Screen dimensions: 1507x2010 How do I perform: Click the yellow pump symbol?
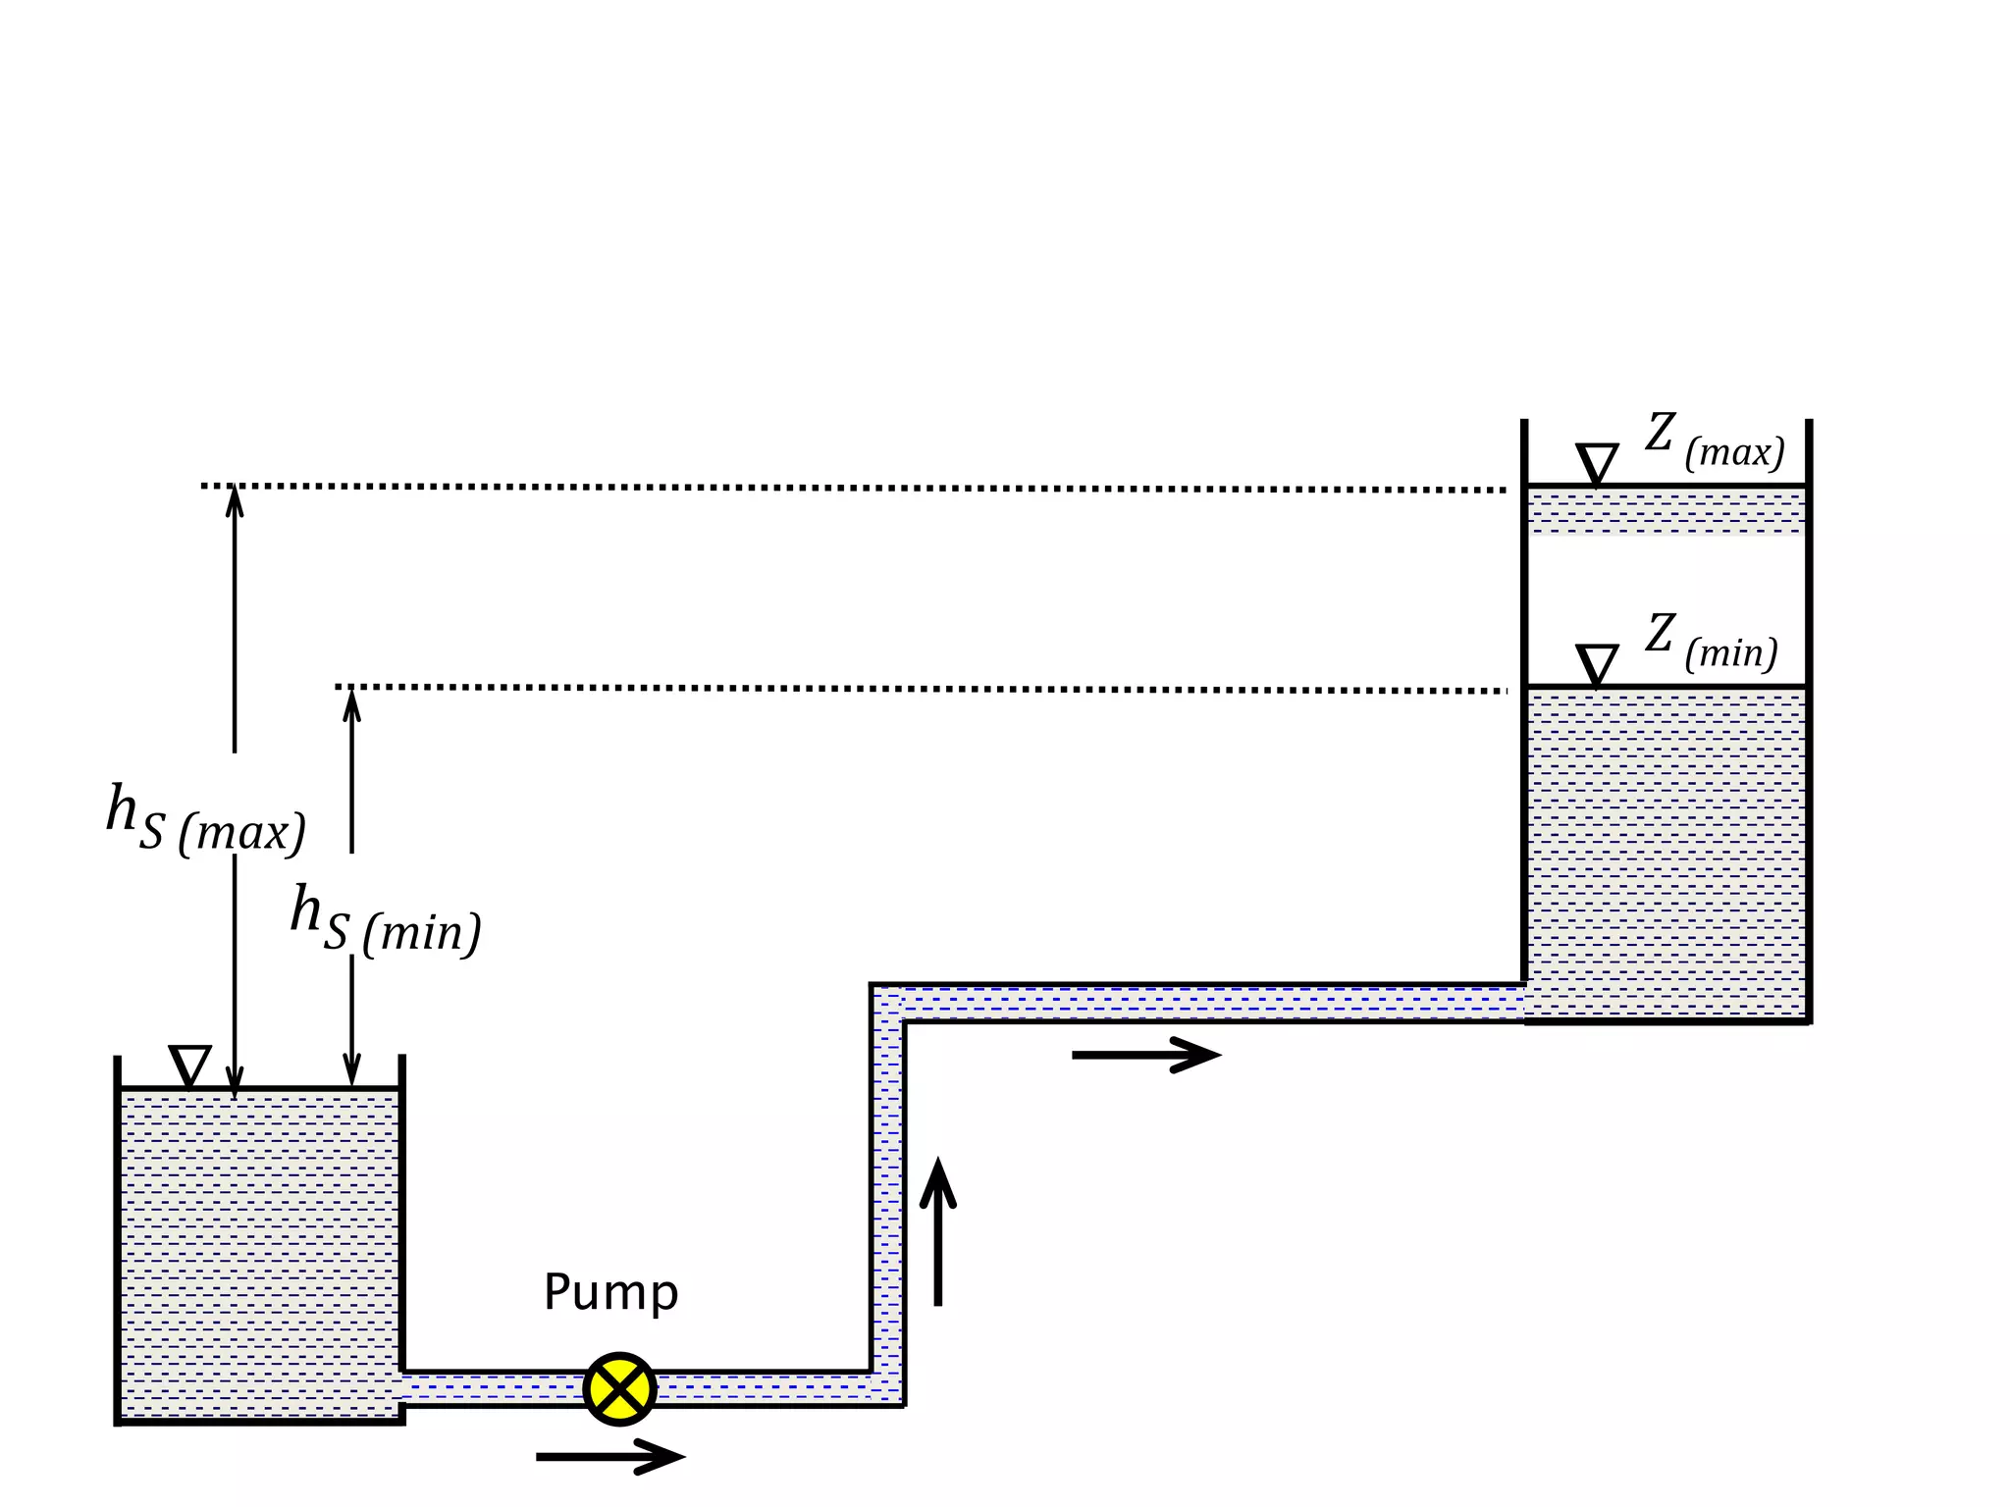pyautogui.click(x=619, y=1388)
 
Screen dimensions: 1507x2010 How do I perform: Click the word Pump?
pyautogui.click(x=610, y=1293)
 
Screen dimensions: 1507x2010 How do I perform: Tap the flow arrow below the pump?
pyautogui.click(x=609, y=1456)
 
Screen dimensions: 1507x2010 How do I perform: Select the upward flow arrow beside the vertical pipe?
pyautogui.click(x=938, y=1232)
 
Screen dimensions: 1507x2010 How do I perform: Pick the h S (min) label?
pyautogui.click(x=386, y=920)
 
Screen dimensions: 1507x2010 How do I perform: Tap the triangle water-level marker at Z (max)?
pyautogui.click(x=1597, y=462)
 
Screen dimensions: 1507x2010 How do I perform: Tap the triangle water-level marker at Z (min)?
pyautogui.click(x=1597, y=663)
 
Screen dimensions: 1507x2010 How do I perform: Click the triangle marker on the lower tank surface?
pyautogui.click(x=190, y=1065)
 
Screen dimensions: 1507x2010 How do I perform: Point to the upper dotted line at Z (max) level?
pyautogui.click(x=854, y=488)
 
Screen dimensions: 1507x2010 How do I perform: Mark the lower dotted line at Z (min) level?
pyautogui.click(x=923, y=689)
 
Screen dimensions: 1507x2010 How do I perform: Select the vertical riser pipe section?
pyautogui.click(x=887, y=1197)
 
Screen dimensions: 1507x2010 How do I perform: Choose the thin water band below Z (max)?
pyautogui.click(x=1666, y=511)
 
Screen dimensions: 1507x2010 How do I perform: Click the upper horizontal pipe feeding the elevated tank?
pyautogui.click(x=1212, y=1003)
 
